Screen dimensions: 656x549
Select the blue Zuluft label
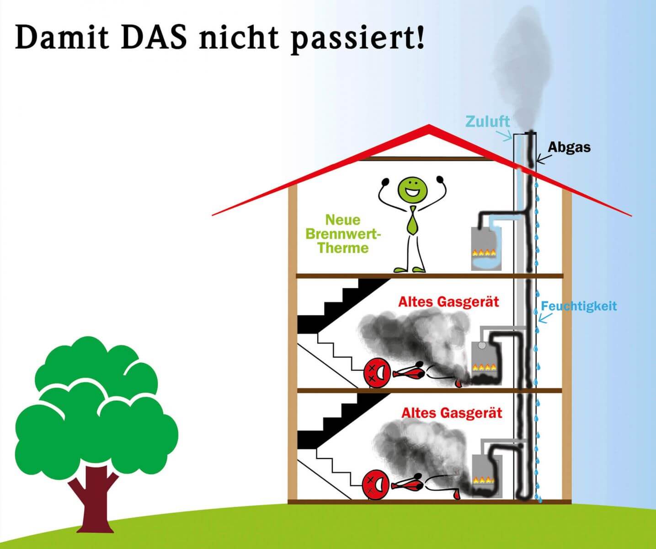[487, 121]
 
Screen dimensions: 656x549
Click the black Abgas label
[569, 147]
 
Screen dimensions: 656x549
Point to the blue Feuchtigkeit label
[579, 306]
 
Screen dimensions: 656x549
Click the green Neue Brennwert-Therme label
[343, 234]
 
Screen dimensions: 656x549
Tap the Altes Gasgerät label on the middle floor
[448, 302]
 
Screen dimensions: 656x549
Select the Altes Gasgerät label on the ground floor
[452, 413]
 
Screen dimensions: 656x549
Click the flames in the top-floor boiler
[484, 252]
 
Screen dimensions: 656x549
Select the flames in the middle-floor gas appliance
[485, 366]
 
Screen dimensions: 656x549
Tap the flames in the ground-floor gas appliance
[484, 480]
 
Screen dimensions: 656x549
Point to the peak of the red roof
[428, 125]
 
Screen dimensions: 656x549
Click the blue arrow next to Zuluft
[504, 135]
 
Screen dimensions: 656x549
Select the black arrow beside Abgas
[543, 158]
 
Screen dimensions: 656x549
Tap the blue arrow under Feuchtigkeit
[544, 318]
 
